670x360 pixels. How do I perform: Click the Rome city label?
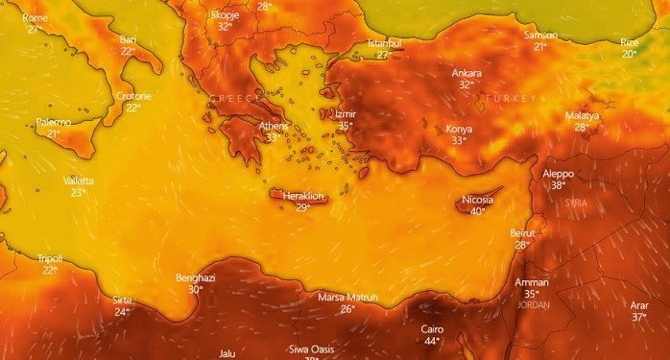tap(35, 18)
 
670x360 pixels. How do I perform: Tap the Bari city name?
tap(129, 39)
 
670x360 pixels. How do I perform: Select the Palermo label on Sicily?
tap(54, 122)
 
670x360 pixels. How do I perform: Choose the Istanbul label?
tap(384, 44)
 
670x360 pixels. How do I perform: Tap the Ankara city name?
tap(467, 73)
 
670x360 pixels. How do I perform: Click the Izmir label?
tap(346, 114)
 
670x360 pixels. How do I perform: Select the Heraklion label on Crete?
tap(302, 196)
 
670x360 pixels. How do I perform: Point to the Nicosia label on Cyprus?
tap(477, 200)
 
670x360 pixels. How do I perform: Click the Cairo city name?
tap(432, 328)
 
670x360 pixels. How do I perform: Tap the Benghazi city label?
tap(195, 277)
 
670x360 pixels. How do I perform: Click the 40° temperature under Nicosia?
tap(477, 211)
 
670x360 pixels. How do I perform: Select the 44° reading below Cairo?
tap(432, 341)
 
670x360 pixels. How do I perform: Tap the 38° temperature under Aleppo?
tap(558, 185)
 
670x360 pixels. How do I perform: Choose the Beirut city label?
tap(522, 233)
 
